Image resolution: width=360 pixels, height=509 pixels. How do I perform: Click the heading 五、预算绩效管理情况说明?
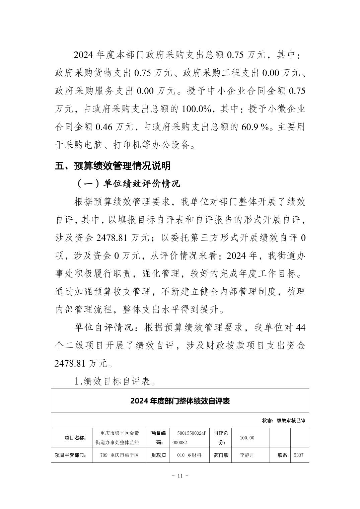coord(113,166)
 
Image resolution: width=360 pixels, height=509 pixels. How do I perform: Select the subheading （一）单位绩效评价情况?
coord(128,184)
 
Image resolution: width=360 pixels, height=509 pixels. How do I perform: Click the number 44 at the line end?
coord(300,328)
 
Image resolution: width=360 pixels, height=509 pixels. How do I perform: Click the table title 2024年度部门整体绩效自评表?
coord(180,401)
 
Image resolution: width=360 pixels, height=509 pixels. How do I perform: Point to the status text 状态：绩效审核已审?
coord(283,421)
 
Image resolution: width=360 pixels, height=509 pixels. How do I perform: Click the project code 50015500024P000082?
coord(190,438)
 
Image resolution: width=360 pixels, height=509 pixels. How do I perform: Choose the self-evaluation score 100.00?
coord(247,438)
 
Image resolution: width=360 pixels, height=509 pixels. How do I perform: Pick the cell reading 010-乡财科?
coord(190,455)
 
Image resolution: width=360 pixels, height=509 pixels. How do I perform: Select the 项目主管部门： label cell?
coord(71,455)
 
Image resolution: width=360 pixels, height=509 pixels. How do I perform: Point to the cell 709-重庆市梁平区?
coord(119,455)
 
